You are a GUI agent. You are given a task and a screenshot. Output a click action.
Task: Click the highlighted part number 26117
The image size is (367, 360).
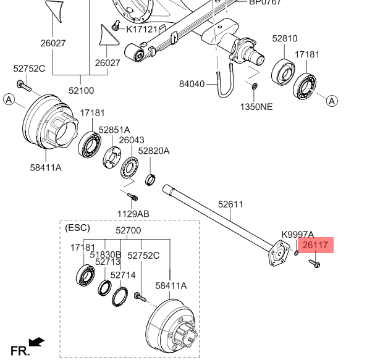314,245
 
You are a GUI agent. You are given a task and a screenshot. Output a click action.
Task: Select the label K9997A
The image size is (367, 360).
298,235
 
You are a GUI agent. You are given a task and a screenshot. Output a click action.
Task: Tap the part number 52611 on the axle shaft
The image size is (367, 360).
230,204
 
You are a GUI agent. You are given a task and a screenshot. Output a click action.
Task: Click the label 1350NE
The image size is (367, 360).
256,106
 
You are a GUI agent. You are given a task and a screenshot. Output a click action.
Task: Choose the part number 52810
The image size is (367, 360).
285,38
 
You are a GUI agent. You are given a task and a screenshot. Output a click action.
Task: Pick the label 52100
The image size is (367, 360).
81,90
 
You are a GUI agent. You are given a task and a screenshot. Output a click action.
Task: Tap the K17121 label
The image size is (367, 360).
146,29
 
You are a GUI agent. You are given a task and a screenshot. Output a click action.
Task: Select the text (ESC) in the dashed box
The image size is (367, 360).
77,228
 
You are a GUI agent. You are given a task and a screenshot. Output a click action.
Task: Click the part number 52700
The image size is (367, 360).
128,231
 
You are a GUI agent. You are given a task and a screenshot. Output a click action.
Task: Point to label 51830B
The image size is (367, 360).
105,255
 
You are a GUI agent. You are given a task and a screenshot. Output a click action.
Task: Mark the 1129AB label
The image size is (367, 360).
133,214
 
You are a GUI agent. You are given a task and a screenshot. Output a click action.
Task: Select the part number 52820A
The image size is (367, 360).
153,151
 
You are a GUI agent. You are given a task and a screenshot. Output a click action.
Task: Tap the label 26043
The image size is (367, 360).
131,141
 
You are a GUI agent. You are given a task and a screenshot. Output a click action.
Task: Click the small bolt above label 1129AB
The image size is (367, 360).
132,196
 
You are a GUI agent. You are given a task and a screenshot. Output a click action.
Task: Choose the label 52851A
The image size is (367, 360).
114,130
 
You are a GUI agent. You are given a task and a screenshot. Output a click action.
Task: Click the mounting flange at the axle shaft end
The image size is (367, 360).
279,254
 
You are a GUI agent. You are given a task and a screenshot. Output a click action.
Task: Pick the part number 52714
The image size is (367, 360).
123,275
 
